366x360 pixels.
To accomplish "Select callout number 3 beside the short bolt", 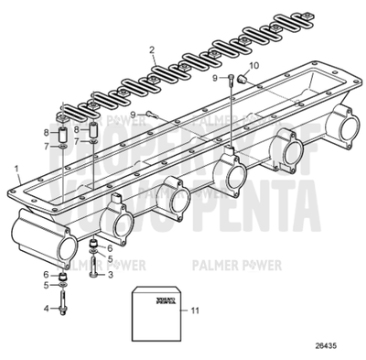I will coord(110,274).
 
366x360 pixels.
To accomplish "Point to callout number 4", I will coord(47,307).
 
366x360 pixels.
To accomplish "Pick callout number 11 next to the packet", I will coord(194,311).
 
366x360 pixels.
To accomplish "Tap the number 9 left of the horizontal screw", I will coord(133,115).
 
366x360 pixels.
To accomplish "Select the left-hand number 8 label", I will coord(46,133).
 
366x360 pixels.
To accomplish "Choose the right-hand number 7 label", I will coord(76,141).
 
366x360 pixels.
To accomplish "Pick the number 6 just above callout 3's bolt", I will coord(110,248).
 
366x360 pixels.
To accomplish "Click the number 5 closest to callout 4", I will coord(47,285).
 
